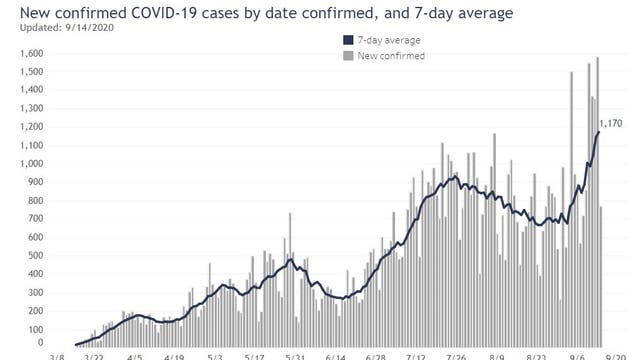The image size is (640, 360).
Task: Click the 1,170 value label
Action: tap(610, 123)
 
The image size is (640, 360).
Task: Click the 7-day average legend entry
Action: tap(388, 40)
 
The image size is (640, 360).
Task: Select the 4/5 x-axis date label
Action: tap(133, 355)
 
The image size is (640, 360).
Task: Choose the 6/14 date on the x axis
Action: tap(336, 355)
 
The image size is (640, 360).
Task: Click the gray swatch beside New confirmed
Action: tap(347, 56)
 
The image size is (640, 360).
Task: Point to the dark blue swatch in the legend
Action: tap(347, 40)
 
